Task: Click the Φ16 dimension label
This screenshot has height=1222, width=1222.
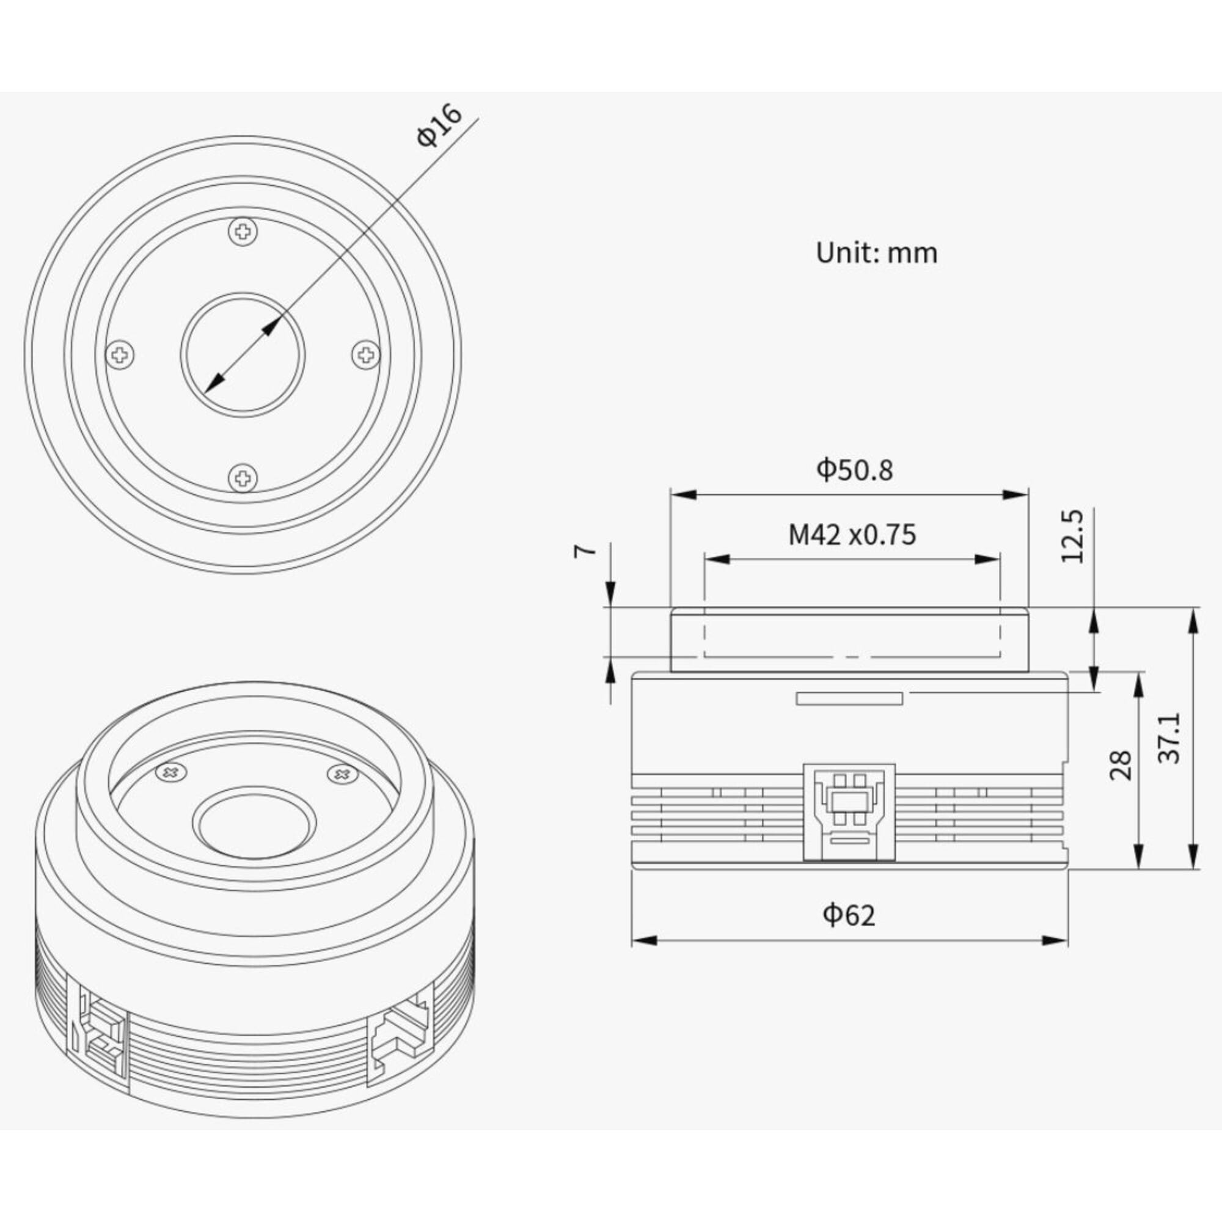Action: [440, 126]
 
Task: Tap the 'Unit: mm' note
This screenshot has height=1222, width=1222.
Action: [877, 253]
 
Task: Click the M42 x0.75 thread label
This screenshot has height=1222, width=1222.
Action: [852, 535]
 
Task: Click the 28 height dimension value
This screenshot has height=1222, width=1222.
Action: [1121, 765]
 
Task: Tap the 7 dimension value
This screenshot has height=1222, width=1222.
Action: [585, 551]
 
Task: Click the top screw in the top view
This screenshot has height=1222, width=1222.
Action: [244, 232]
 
